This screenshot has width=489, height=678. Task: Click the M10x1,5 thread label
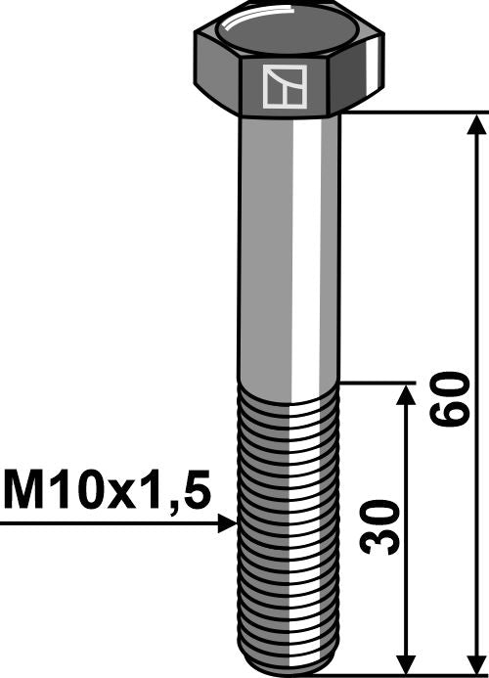click(x=107, y=488)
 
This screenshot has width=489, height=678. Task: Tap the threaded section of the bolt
click(x=289, y=528)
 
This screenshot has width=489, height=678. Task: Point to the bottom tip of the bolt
click(x=289, y=669)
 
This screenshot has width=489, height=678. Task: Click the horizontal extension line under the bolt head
click(x=411, y=113)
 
